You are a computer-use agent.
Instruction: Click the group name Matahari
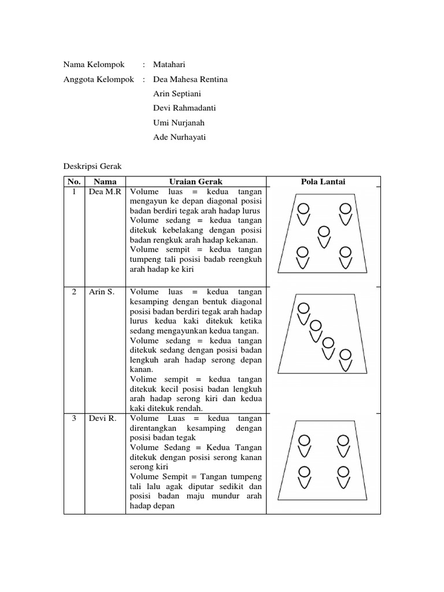coord(170,65)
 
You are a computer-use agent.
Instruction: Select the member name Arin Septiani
coord(177,94)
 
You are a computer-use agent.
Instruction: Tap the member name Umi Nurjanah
coord(179,123)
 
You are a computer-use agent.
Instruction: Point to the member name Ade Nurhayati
coord(179,137)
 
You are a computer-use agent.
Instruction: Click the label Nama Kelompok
coord(94,65)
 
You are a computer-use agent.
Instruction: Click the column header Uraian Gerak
coord(195,182)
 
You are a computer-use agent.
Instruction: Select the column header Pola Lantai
coord(323,182)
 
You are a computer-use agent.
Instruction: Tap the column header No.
coord(74,182)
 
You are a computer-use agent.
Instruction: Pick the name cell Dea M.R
coord(105,192)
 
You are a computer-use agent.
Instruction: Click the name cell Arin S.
coord(102,292)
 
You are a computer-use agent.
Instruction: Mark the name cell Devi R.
coord(102,418)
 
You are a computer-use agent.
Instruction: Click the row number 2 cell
coord(74,292)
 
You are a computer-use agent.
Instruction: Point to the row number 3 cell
coord(74,418)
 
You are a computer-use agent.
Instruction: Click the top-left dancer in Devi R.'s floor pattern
coord(303,445)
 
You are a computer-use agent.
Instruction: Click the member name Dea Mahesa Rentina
coord(190,79)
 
